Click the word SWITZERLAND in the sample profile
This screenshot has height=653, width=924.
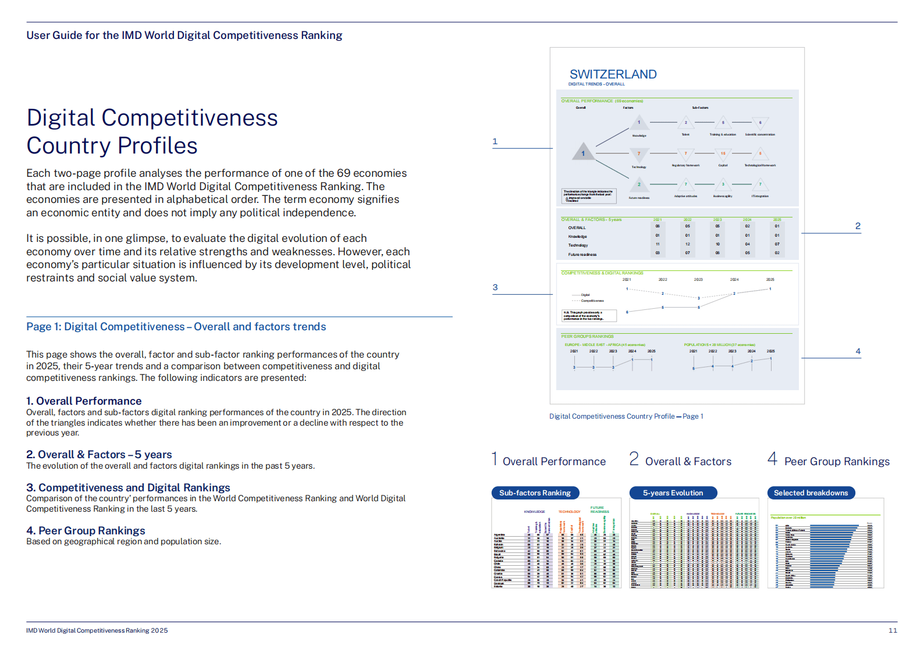pos(613,74)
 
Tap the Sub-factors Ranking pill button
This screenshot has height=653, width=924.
pos(535,493)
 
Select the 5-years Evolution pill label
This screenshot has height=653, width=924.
pos(673,493)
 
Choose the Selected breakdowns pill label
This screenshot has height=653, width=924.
pos(811,493)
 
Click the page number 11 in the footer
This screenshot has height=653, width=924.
pos(893,630)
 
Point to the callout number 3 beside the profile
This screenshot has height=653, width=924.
pos(495,287)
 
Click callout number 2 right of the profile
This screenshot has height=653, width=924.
pos(858,226)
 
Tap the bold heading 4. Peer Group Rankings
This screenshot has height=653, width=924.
pos(86,531)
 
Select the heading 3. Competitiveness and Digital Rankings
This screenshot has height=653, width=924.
pos(128,488)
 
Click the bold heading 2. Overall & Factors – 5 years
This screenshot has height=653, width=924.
pos(99,455)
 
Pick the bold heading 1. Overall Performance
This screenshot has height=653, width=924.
pos(84,401)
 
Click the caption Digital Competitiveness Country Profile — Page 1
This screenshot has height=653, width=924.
pos(626,416)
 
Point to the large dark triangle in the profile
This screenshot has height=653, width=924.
pos(583,152)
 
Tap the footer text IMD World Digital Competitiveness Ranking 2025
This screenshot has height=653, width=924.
pos(97,630)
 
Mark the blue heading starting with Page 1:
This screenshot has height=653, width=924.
pos(176,327)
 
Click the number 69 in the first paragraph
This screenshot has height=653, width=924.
pos(343,173)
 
